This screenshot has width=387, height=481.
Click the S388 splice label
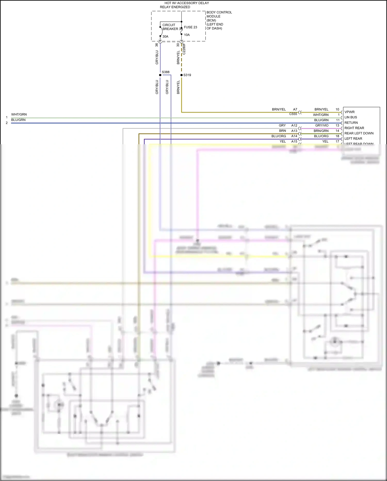(166, 72)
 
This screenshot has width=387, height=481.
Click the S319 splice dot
(181, 75)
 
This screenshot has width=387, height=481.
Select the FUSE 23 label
(190, 27)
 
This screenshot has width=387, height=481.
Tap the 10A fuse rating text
(187, 35)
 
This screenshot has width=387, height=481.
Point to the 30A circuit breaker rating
(165, 36)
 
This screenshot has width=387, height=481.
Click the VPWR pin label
(350, 112)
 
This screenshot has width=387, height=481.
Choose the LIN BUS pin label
(351, 117)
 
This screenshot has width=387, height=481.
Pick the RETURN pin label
(351, 123)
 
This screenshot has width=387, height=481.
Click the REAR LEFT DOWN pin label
(359, 133)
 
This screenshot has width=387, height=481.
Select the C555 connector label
(293, 114)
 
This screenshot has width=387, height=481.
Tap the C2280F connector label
(184, 49)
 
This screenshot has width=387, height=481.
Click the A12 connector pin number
(294, 126)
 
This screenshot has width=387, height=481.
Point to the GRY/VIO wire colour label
(322, 126)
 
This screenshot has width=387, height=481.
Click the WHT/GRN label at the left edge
(19, 114)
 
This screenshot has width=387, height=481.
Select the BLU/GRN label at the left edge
(18, 120)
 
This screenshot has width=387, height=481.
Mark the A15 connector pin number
(294, 142)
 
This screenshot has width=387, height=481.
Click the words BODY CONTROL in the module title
(219, 12)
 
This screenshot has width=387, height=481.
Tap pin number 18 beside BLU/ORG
(337, 136)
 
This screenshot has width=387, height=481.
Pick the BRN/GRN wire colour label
(321, 131)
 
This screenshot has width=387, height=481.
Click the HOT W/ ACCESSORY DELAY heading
(187, 3)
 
